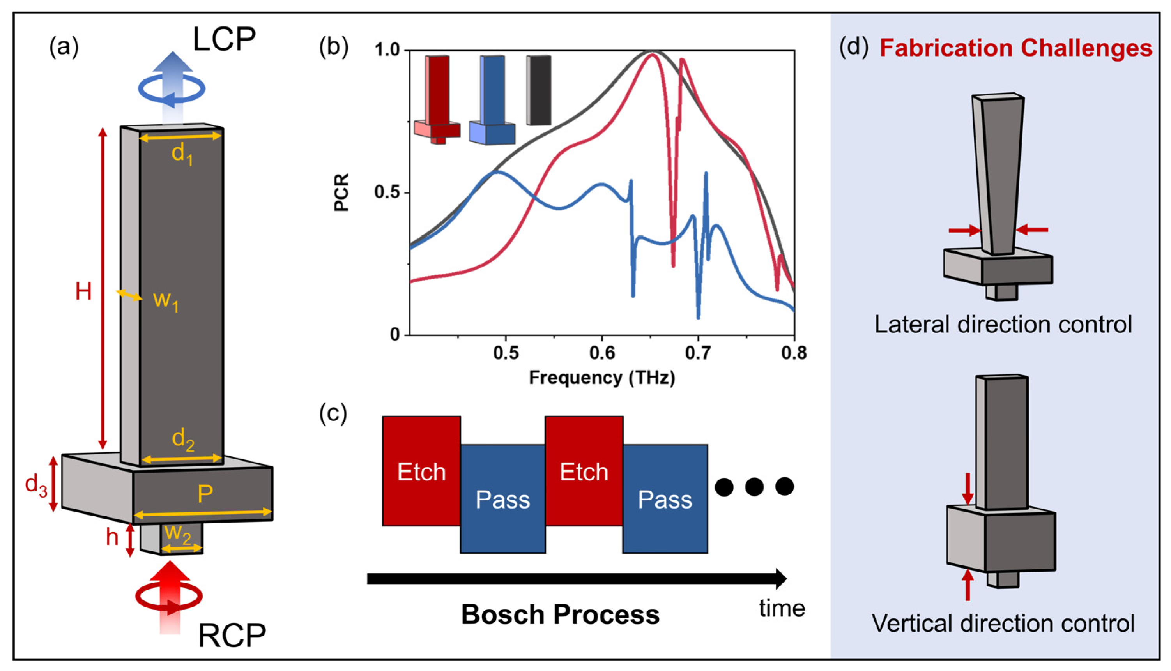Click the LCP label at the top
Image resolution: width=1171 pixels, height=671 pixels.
(x=224, y=40)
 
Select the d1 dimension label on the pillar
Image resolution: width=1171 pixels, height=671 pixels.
(x=182, y=154)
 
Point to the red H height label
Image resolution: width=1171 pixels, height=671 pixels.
(x=83, y=292)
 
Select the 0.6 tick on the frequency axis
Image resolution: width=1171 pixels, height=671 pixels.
(x=602, y=353)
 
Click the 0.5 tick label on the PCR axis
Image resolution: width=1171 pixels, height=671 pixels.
(x=386, y=192)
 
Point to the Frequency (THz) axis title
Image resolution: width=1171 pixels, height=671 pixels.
(x=601, y=378)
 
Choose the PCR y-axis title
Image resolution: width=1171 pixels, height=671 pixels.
(x=341, y=192)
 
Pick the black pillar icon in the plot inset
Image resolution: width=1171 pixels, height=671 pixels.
(x=539, y=90)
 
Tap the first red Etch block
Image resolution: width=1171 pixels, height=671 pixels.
(x=421, y=471)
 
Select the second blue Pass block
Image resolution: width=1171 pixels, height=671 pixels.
(x=665, y=499)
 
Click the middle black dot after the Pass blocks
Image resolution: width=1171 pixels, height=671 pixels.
(x=754, y=487)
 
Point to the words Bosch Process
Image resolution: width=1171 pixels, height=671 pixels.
(x=560, y=615)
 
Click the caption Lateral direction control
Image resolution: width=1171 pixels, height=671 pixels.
(x=1003, y=325)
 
